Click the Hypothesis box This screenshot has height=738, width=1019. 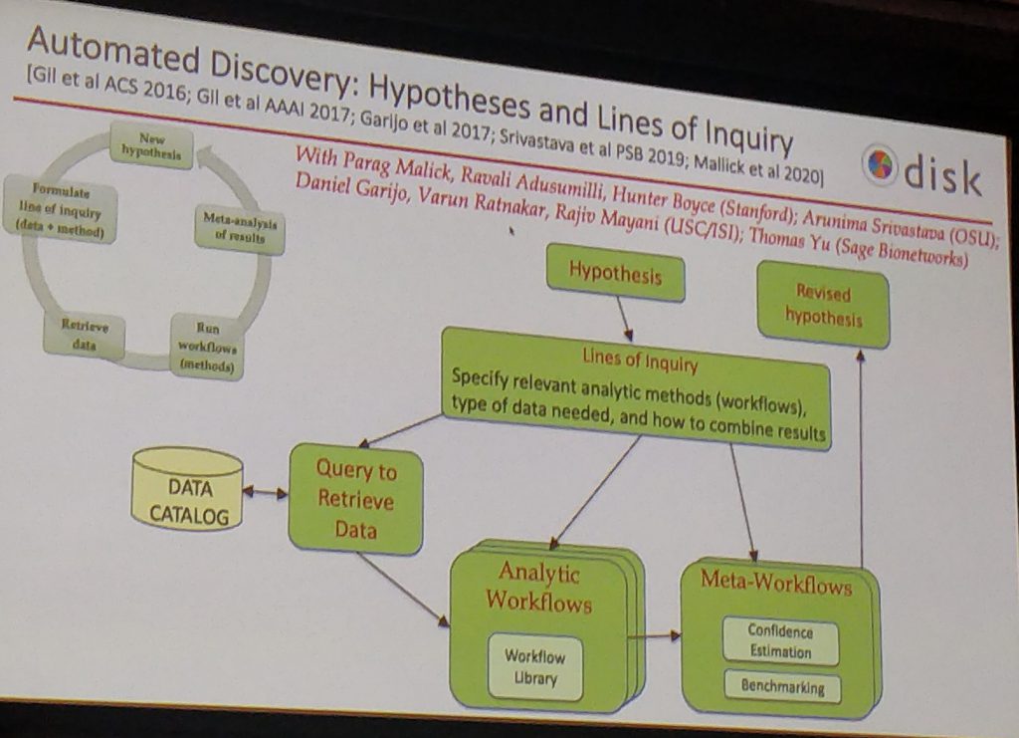tap(615, 273)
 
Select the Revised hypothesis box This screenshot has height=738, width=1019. tap(823, 305)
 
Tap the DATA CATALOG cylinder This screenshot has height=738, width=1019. tap(188, 488)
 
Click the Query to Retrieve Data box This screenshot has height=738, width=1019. tap(355, 499)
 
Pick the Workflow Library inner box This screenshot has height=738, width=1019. tap(535, 667)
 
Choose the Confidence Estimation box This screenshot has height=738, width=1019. tap(780, 641)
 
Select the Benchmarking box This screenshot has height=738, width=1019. tap(782, 686)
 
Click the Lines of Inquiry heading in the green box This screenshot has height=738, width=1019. tap(640, 359)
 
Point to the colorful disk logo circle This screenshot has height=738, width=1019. tap(880, 165)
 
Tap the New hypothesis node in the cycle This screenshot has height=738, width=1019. tap(151, 145)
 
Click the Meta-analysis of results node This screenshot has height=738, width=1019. tap(240, 229)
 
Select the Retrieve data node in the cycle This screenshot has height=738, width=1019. tap(85, 335)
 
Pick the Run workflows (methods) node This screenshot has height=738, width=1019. tap(207, 347)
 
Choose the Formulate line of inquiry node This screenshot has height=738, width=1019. tap(61, 210)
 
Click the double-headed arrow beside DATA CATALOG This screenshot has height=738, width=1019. tap(265, 492)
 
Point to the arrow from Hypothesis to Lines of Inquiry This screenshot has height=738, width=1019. tap(624, 319)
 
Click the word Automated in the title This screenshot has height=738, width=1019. tap(113, 51)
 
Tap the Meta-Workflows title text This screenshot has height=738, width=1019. tap(776, 582)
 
